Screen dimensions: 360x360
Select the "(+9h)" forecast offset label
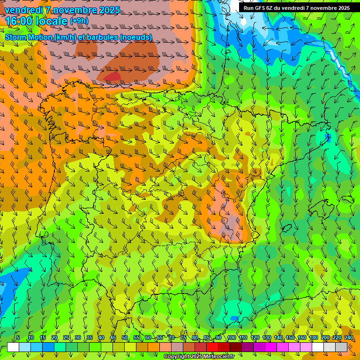click(x=79, y=21)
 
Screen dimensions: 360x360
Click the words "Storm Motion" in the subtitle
click(x=28, y=37)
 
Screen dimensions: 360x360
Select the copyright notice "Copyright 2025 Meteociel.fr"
click(x=199, y=357)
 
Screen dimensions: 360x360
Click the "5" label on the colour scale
click(x=18, y=338)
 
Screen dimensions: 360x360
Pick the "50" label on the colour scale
click(x=125, y=338)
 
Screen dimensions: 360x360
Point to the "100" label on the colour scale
click(x=232, y=338)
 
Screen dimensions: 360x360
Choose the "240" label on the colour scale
click(x=349, y=338)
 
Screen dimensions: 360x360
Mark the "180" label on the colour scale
click(x=314, y=338)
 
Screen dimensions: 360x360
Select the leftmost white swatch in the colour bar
click(x=13, y=347)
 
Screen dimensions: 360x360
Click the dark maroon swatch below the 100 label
click(x=236, y=347)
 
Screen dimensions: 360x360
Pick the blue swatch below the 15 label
click(x=48, y=347)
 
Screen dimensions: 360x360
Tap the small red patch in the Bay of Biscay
click(x=112, y=76)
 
